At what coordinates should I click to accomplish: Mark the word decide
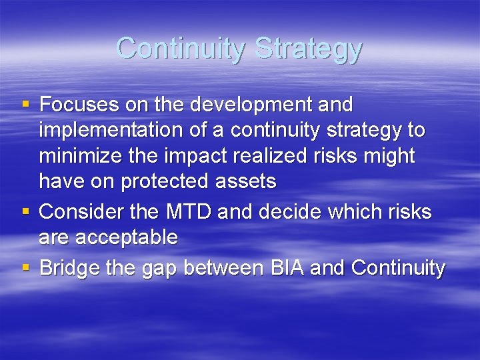[287, 212]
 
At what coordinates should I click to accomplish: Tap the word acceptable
[125, 237]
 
